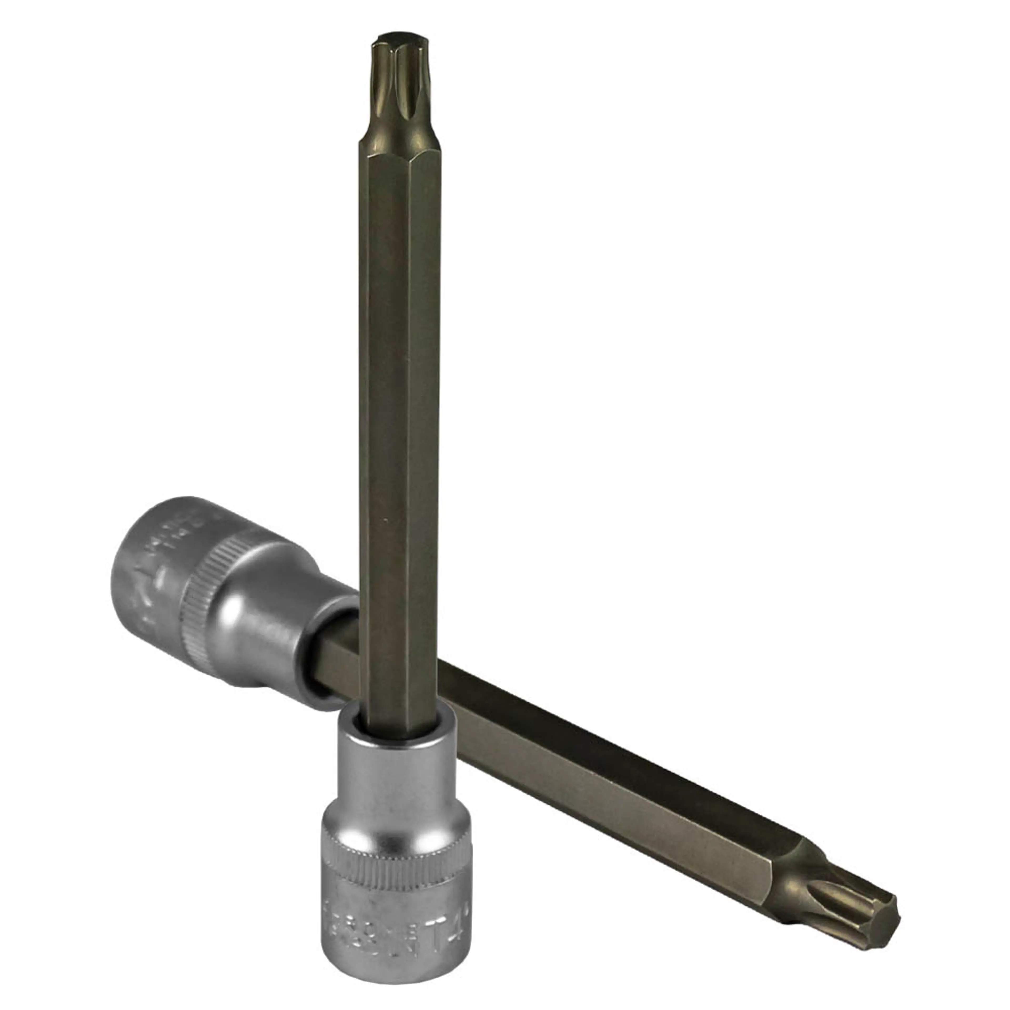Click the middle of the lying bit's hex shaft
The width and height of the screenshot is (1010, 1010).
[x=601, y=758]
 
